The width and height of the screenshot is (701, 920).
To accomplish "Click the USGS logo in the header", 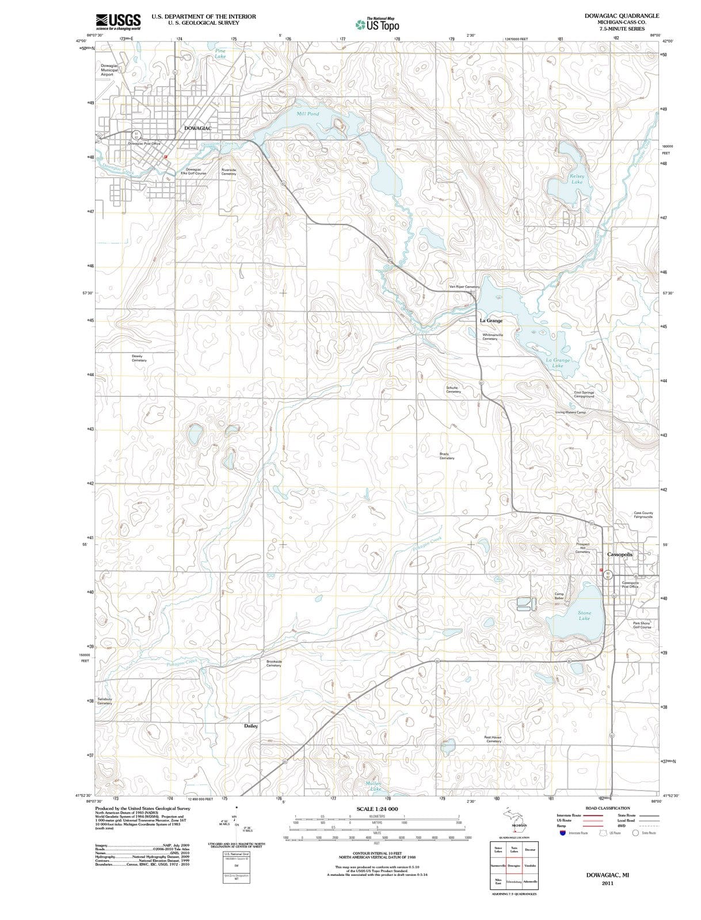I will (118, 21).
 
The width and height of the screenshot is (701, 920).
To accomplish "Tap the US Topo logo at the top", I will (376, 25).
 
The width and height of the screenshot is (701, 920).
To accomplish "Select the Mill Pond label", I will (308, 114).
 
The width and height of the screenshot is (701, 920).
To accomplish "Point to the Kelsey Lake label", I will (577, 179).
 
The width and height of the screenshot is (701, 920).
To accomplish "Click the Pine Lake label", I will (220, 53).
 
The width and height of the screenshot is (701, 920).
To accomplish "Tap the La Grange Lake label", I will (558, 363).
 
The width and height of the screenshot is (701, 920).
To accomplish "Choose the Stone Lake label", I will (584, 615).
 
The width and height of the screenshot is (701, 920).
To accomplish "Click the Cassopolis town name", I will (620, 554).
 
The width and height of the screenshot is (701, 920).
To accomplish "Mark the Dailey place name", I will (251, 726).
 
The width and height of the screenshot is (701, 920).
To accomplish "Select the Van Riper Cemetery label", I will (464, 286).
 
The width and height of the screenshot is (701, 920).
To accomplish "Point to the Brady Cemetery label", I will (447, 456).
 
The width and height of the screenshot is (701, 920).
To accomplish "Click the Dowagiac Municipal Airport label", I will (109, 70).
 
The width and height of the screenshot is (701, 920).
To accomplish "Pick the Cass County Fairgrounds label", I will (643, 515).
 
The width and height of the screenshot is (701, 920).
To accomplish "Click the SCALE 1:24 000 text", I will (377, 809).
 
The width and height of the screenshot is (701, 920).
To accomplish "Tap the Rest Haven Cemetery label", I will (493, 739).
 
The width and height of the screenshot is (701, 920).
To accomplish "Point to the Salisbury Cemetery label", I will (105, 701).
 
